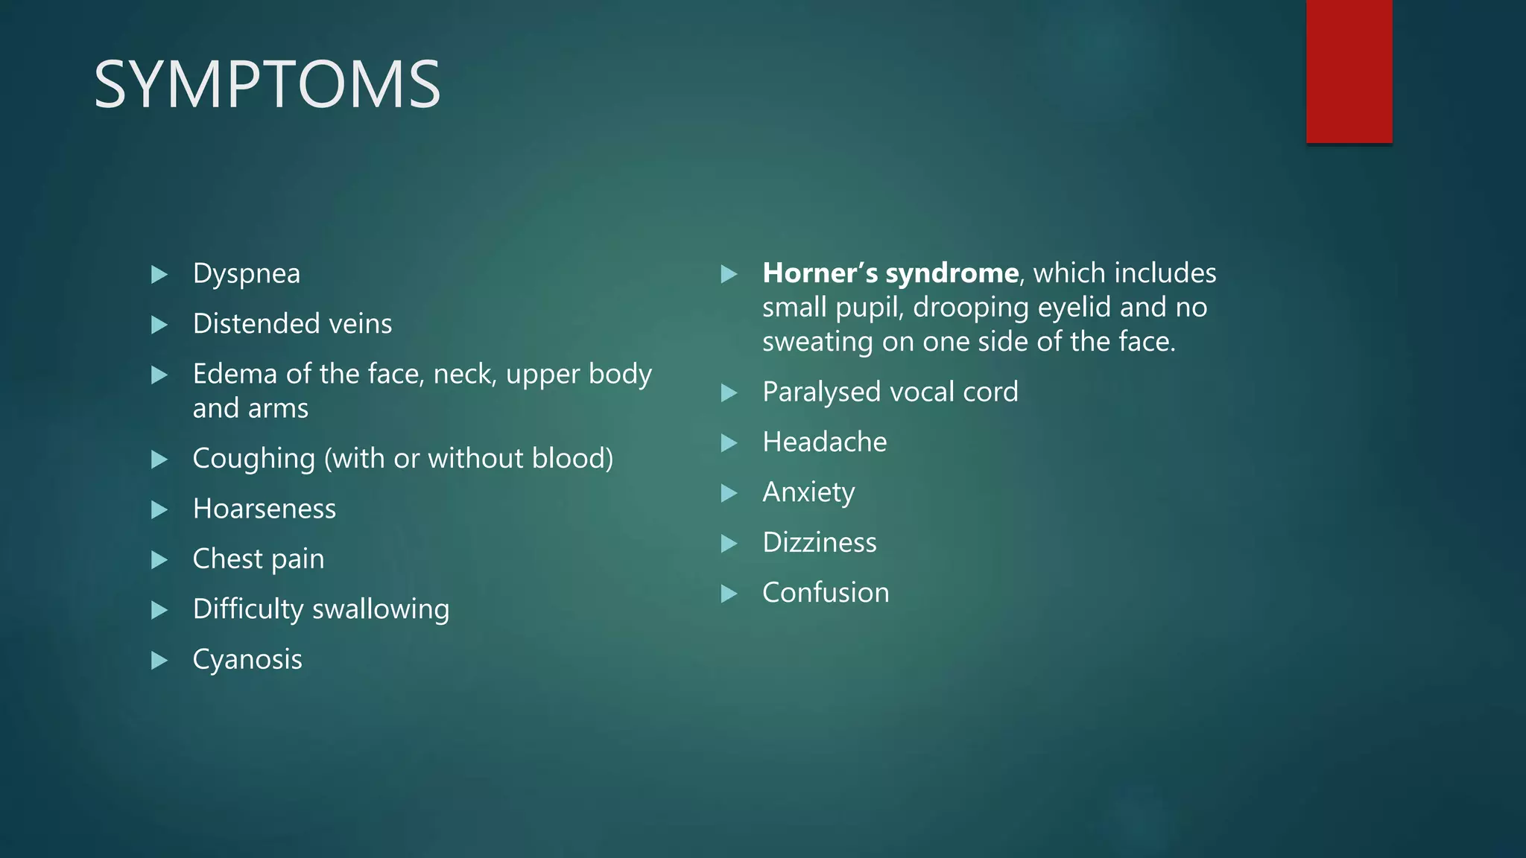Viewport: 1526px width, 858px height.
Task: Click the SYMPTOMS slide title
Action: [267, 84]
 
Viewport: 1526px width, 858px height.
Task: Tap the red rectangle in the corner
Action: [1349, 71]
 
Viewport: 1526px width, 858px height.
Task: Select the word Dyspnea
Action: [246, 274]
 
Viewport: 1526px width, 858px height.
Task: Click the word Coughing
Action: [253, 459]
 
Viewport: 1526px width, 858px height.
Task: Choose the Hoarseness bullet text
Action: [264, 509]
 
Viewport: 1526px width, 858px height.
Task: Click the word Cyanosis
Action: [247, 660]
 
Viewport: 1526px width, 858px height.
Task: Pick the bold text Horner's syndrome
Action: [890, 273]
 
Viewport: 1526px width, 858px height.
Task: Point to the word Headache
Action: [824, 442]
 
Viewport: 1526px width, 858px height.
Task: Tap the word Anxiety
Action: [808, 493]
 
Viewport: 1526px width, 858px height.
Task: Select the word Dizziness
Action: [819, 543]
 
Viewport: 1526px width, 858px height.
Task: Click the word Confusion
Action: [825, 593]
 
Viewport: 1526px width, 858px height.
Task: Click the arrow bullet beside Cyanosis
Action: [159, 660]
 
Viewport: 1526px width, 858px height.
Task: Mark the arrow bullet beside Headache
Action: [729, 443]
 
